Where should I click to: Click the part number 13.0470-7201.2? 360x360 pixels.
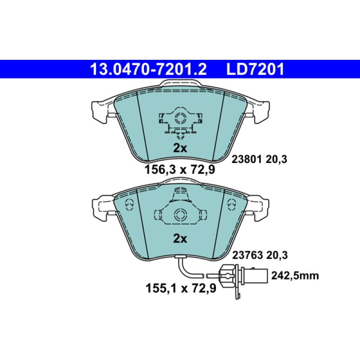148,69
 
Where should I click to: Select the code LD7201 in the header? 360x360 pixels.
255,69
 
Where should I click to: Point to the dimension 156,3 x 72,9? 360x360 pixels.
179,170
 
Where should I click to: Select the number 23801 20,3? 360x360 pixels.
259,158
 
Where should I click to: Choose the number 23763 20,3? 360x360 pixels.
259,254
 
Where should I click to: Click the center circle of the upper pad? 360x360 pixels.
180,119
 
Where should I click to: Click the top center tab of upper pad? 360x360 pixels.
180,84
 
